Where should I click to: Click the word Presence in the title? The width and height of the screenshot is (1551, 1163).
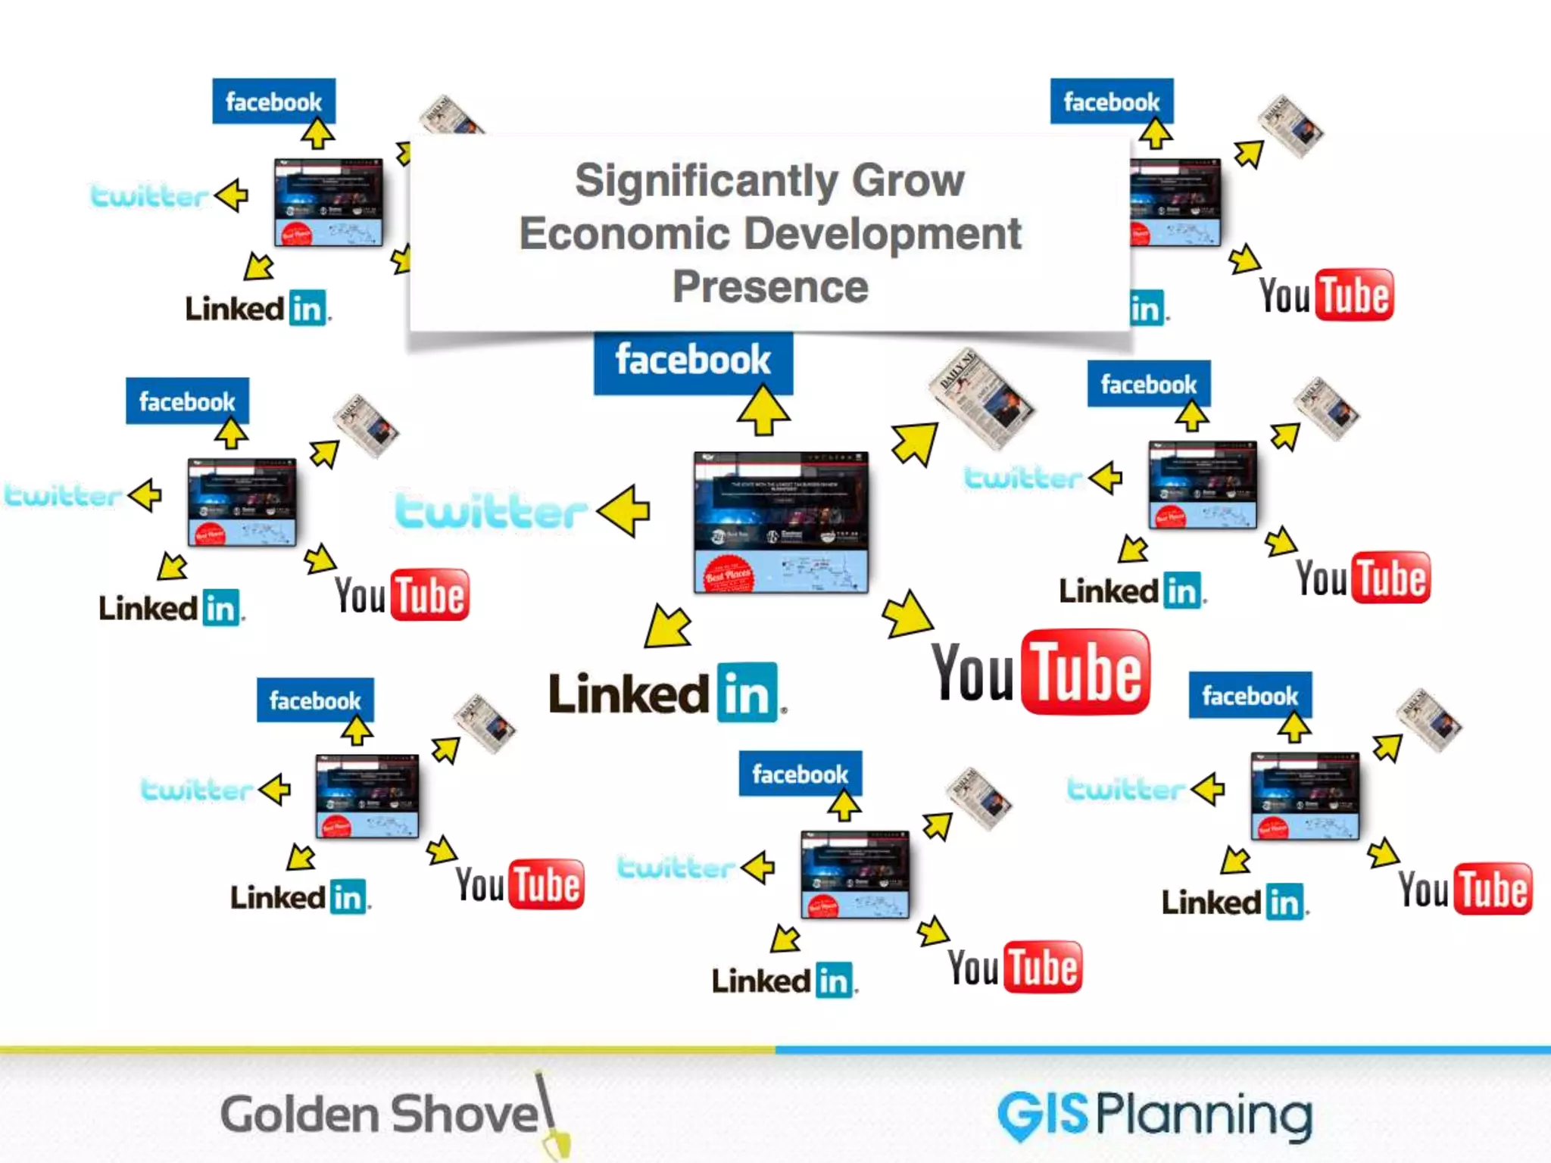[770, 286]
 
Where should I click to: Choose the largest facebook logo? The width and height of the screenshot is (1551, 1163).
[693, 362]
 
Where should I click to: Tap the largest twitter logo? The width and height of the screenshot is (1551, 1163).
[491, 511]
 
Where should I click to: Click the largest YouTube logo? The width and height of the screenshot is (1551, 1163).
[1041, 672]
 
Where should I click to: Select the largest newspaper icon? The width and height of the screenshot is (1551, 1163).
[981, 399]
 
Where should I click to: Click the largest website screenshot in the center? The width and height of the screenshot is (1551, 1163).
[781, 522]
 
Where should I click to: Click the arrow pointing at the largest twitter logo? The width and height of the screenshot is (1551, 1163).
[625, 511]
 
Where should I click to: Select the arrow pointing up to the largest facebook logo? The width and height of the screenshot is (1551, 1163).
[763, 410]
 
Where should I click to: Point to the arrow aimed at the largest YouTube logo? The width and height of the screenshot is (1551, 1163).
[907, 614]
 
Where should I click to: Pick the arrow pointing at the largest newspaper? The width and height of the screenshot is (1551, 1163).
[915, 443]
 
